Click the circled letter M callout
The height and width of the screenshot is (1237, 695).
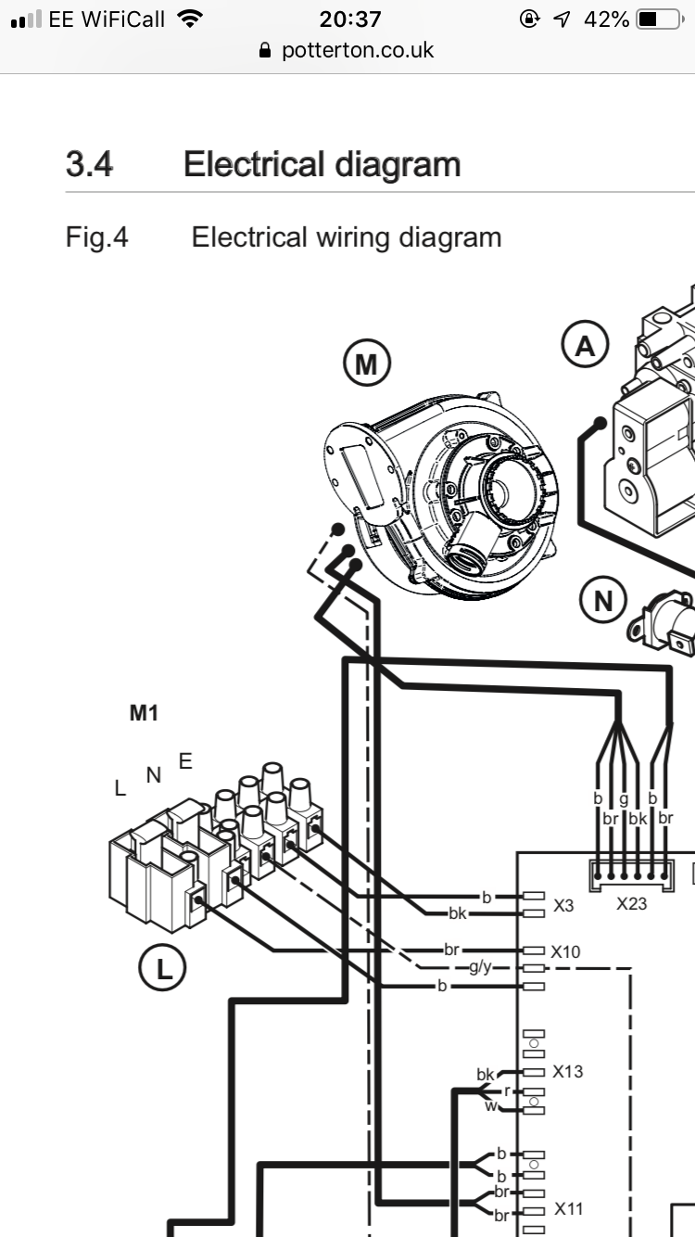(x=367, y=363)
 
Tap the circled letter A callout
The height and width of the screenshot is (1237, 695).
(x=585, y=345)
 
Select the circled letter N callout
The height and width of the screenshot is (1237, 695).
(x=603, y=600)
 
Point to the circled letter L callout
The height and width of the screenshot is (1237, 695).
(x=162, y=967)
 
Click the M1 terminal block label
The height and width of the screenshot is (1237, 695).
(x=144, y=713)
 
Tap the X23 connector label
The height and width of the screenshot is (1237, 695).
(x=631, y=904)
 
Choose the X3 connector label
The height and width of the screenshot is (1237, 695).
(x=563, y=906)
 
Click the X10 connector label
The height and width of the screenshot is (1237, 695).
(x=566, y=951)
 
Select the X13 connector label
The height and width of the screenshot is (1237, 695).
(x=568, y=1071)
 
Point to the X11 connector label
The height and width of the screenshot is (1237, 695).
(x=569, y=1209)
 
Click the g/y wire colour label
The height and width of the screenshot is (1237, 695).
(x=480, y=967)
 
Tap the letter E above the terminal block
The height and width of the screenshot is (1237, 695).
(x=185, y=761)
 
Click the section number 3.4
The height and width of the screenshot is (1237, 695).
(x=90, y=164)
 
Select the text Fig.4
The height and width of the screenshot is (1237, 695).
(x=97, y=237)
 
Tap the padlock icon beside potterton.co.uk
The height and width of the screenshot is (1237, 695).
(x=265, y=51)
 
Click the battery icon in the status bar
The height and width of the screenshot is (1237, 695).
(x=661, y=19)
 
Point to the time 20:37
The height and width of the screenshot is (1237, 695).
(x=350, y=19)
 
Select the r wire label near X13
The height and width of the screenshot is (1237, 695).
(x=506, y=1090)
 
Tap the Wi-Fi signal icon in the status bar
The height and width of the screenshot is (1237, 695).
(x=190, y=19)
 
